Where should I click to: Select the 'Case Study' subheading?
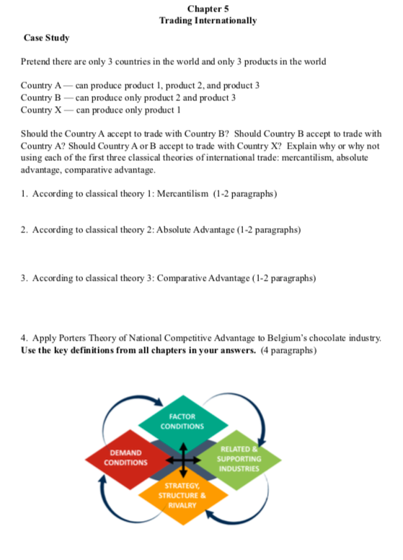point(46,37)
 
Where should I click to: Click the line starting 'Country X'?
point(99,110)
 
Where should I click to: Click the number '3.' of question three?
point(25,278)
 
